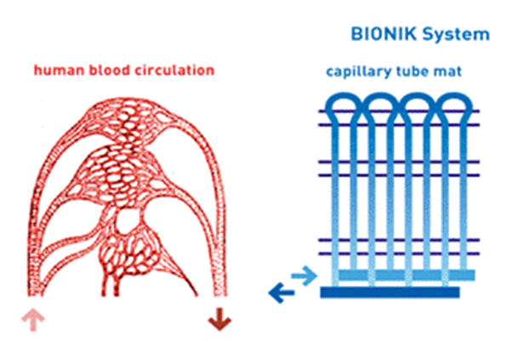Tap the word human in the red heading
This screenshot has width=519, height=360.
coord(55,70)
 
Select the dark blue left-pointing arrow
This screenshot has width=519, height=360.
coord(280,294)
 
